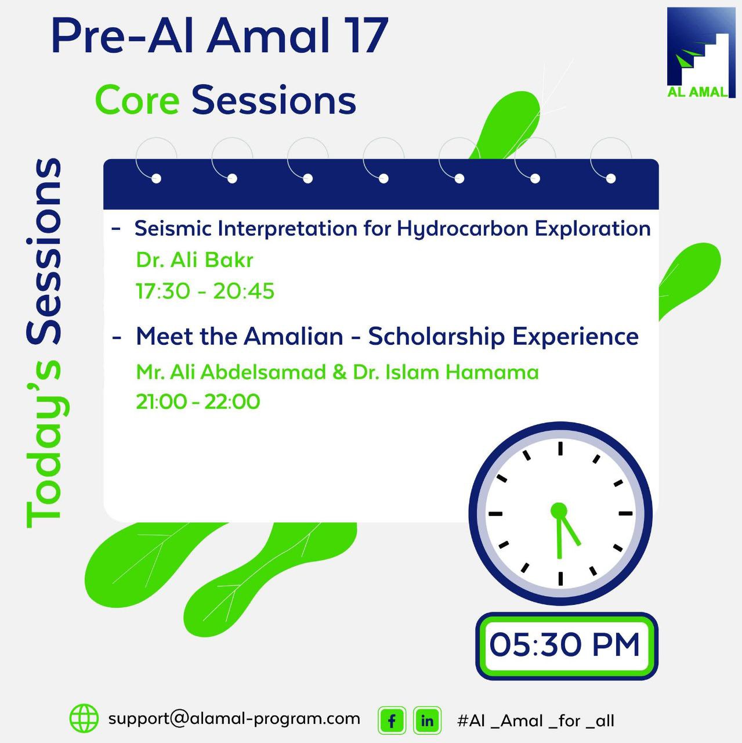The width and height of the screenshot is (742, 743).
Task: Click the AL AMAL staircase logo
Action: [701, 52]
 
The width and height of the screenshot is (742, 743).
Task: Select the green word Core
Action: [137, 100]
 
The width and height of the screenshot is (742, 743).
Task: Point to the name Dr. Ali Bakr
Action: [195, 259]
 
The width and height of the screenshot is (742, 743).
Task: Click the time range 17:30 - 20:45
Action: [205, 291]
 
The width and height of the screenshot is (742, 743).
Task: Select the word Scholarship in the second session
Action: [436, 337]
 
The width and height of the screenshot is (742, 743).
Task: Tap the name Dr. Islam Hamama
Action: [446, 372]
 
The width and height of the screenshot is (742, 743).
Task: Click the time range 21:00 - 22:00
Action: [198, 402]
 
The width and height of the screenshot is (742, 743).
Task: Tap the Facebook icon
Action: [392, 720]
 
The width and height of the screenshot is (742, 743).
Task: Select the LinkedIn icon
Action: [427, 720]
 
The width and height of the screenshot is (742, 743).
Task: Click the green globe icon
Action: [84, 719]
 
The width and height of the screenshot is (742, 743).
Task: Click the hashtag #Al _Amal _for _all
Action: [535, 720]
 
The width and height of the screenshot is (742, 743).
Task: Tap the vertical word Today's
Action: [44, 444]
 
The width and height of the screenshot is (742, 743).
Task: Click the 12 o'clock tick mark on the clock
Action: [560, 449]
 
